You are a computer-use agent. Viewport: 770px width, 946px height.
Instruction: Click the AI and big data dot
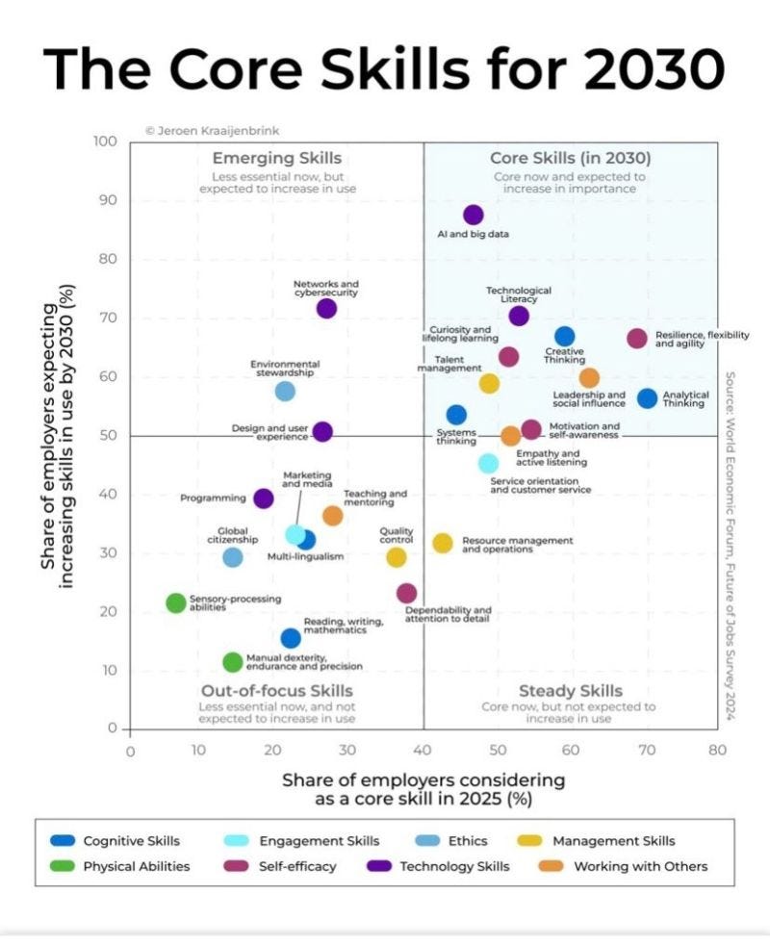(x=474, y=215)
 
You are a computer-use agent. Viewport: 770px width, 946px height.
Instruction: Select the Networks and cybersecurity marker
(x=326, y=308)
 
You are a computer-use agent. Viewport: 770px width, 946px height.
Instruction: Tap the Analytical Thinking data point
(x=648, y=398)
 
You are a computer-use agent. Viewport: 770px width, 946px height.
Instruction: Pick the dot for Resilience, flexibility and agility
(x=636, y=339)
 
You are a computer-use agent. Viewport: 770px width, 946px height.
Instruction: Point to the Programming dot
(x=264, y=499)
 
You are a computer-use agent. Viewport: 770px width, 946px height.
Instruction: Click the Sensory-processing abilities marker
(x=175, y=602)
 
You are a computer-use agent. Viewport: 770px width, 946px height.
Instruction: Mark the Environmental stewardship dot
(x=285, y=391)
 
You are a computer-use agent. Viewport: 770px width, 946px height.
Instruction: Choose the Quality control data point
(x=396, y=557)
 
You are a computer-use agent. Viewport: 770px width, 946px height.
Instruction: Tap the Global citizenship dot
(x=233, y=557)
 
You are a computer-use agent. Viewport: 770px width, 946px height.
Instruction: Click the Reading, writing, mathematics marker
(x=291, y=638)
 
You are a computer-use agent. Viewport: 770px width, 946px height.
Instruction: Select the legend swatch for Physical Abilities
(x=63, y=866)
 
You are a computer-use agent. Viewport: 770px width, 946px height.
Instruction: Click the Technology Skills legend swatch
(x=379, y=866)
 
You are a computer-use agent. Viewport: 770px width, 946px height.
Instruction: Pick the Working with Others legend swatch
(x=551, y=866)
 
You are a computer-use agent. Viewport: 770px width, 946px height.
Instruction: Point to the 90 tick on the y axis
(x=108, y=200)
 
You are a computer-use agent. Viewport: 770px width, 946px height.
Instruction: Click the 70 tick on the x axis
(x=646, y=750)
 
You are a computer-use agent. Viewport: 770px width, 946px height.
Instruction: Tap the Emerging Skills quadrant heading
(x=277, y=158)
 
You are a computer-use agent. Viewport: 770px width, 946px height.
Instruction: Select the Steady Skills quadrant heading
(x=570, y=691)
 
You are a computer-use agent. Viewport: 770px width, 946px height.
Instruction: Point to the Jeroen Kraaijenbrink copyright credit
(x=213, y=130)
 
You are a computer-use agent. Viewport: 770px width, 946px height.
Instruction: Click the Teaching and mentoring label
(x=375, y=498)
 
